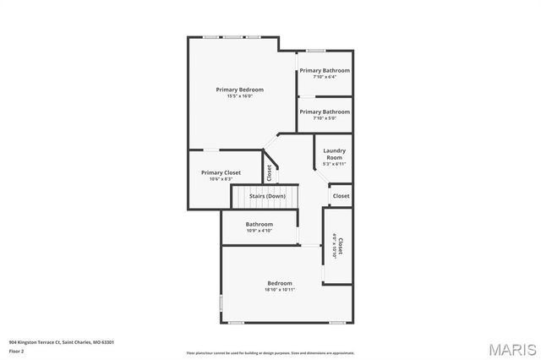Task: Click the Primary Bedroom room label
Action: click(x=239, y=90)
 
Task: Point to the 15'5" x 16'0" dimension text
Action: click(x=239, y=96)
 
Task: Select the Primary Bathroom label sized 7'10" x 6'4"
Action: click(x=325, y=71)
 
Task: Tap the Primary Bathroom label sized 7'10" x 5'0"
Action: click(x=325, y=112)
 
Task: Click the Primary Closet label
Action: click(x=221, y=172)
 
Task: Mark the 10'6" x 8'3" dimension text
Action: click(x=221, y=179)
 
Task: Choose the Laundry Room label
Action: click(x=334, y=155)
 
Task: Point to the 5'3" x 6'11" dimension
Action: click(x=334, y=164)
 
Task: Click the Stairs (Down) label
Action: click(x=267, y=196)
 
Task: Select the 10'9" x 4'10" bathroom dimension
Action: click(x=260, y=231)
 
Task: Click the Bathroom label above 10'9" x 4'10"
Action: click(x=260, y=224)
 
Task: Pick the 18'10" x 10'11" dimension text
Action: click(x=279, y=290)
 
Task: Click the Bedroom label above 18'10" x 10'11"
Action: click(x=280, y=283)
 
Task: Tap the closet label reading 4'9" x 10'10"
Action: click(x=336, y=247)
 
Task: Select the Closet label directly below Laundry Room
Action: click(x=341, y=196)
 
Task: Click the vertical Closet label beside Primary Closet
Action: click(x=269, y=172)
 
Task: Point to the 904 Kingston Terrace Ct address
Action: click(x=62, y=342)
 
